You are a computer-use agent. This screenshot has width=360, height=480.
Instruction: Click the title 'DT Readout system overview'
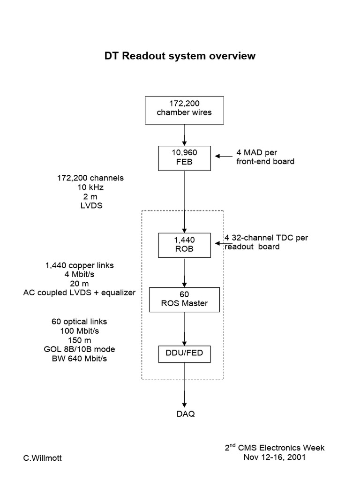coord(180,56)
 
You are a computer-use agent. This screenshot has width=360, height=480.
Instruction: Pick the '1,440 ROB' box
coord(184,245)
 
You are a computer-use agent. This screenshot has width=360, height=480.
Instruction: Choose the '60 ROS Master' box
coord(184,299)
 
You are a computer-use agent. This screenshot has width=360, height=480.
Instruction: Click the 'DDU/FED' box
coord(184,353)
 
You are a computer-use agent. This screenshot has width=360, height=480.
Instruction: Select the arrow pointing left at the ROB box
coord(219,244)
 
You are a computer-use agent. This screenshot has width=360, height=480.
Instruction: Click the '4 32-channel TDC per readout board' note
coord(266,242)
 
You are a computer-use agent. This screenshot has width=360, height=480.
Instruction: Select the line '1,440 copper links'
coord(80,265)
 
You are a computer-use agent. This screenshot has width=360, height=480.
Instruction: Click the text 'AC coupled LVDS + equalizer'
coord(80,292)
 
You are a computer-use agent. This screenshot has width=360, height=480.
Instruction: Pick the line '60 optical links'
coord(80,322)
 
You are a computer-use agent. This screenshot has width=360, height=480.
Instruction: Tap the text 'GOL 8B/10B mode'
coord(80,349)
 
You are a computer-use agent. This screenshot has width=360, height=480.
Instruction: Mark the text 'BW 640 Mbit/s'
coord(80,359)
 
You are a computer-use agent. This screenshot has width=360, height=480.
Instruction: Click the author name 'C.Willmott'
coord(43,458)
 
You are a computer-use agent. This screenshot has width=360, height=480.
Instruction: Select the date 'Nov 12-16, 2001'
coord(274,457)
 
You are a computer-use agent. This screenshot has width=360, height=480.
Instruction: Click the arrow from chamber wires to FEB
coord(184,135)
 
